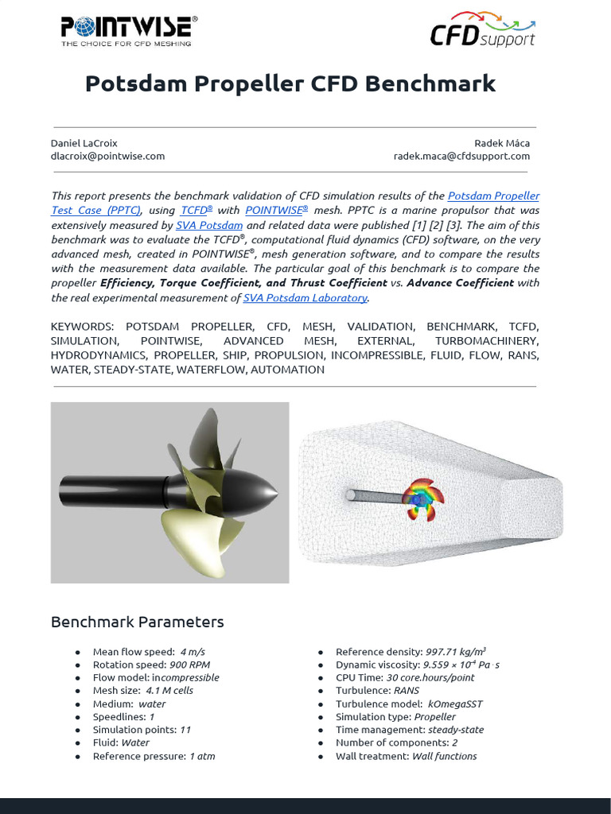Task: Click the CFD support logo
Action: (x=482, y=31)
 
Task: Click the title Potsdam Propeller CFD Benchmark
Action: (x=290, y=83)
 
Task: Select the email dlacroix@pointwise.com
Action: (x=107, y=156)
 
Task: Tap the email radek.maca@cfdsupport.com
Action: (x=461, y=156)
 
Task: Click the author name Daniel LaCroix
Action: (x=84, y=143)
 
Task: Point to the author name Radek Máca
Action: (x=502, y=143)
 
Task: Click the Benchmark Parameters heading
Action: (x=137, y=622)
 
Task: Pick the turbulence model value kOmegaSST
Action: (x=455, y=704)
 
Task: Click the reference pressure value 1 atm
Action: (x=202, y=756)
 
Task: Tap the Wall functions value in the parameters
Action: (x=444, y=756)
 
